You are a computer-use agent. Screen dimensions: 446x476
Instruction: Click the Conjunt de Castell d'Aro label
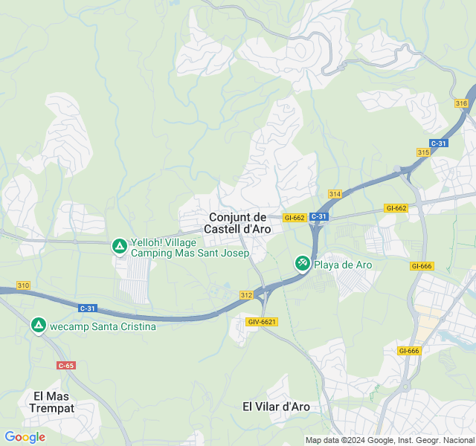click(237, 223)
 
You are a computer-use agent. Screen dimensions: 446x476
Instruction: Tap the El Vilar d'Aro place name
click(276, 407)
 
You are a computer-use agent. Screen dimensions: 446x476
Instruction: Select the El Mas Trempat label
click(51, 401)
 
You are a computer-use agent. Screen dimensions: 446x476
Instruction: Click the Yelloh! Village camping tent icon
click(119, 245)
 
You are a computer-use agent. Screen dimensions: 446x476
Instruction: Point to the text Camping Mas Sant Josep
click(190, 253)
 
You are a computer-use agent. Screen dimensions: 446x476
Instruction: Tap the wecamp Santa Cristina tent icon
click(38, 326)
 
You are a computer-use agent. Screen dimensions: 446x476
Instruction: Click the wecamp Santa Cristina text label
click(103, 326)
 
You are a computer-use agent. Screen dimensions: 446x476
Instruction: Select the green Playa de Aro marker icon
click(302, 264)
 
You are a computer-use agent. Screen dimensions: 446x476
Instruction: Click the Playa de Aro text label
click(343, 264)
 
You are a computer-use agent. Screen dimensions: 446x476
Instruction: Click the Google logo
click(25, 437)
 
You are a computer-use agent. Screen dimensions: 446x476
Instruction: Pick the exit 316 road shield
click(461, 103)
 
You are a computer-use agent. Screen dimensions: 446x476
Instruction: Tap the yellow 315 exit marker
click(423, 152)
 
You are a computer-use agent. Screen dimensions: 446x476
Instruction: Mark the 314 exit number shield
click(335, 194)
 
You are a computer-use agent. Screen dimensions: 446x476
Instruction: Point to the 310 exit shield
click(23, 285)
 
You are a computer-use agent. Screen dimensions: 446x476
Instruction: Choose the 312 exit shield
click(246, 295)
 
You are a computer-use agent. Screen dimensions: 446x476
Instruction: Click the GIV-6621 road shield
click(262, 321)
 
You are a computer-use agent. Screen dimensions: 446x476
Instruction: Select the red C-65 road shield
click(66, 365)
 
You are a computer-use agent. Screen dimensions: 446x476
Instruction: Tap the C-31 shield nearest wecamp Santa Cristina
click(88, 308)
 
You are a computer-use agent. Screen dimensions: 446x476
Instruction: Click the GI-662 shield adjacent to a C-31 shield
click(295, 218)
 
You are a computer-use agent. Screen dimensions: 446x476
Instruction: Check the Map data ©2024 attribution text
click(390, 439)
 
